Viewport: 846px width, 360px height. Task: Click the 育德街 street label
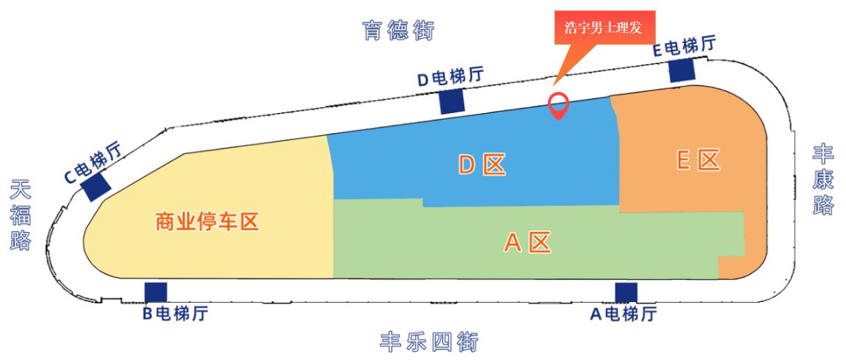tap(397, 31)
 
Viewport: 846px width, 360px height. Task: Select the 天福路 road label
tap(21, 216)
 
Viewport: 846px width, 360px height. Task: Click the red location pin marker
tap(558, 107)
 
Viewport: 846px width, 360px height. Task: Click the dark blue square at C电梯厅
tap(96, 187)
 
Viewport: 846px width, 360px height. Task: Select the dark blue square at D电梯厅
tap(452, 101)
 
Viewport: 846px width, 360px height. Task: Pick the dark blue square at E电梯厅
tap(681, 71)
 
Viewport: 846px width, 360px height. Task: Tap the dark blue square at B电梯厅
tap(156, 292)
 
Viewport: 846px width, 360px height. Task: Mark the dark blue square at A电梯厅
tap(626, 292)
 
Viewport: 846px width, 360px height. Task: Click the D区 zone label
tap(482, 165)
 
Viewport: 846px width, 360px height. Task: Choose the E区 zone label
tap(699, 160)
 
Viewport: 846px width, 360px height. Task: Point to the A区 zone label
tap(528, 242)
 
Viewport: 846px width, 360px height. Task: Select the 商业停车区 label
tap(209, 222)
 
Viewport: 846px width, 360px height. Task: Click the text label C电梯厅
tap(93, 162)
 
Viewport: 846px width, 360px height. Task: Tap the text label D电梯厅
tap(452, 77)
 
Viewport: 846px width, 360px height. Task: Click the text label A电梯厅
tap(623, 314)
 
